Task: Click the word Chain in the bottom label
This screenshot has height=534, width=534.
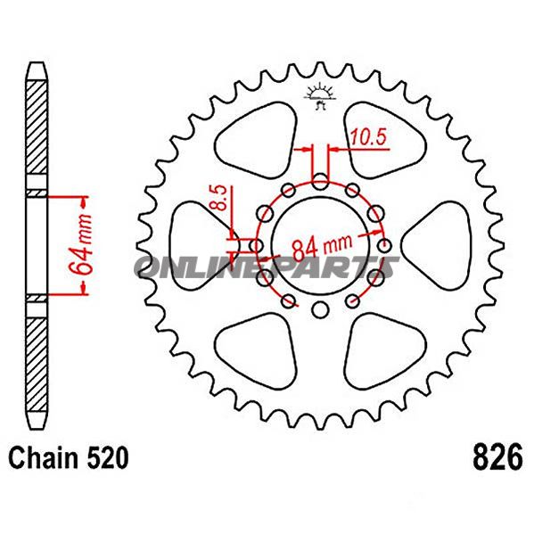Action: (45, 459)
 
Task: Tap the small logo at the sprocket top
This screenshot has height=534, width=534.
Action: (320, 94)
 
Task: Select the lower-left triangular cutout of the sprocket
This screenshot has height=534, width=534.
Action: (259, 343)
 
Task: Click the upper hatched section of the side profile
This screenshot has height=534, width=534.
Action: (34, 134)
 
